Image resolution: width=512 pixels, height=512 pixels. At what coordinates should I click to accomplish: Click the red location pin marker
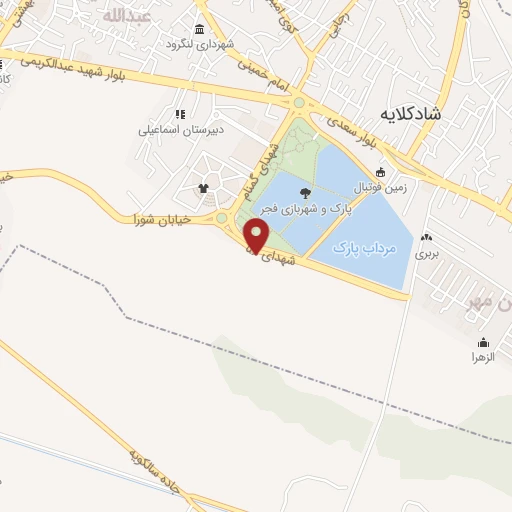tap(258, 236)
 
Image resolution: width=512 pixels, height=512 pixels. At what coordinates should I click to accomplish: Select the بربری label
tap(428, 254)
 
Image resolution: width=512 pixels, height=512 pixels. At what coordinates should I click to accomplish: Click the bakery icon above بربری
tap(428, 238)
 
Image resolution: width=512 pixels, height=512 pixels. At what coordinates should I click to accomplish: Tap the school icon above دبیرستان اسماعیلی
tap(181, 114)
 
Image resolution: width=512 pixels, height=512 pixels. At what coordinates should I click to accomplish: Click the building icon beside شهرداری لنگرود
tap(201, 29)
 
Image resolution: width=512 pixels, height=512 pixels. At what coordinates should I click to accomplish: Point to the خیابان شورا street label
tap(165, 218)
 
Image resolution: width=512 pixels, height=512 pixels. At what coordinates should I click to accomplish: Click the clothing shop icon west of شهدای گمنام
tap(204, 186)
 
